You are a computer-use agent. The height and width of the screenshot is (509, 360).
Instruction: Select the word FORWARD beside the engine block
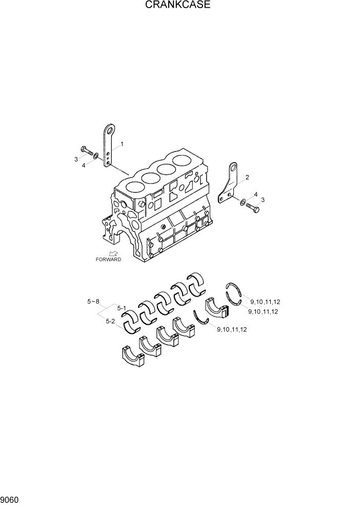[108, 260]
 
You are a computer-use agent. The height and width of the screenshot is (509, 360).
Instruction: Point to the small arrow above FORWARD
[113, 253]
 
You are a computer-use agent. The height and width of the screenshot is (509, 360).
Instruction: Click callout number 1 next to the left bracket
[122, 144]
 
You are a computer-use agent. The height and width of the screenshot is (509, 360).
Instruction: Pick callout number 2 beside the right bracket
[247, 178]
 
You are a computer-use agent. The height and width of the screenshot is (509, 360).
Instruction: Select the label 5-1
[122, 308]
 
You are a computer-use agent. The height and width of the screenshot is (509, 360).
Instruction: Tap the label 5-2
[110, 321]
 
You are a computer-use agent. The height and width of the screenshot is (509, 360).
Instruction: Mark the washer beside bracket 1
[96, 154]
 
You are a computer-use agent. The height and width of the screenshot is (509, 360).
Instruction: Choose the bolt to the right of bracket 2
[252, 207]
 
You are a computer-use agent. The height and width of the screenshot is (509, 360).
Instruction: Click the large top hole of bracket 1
[109, 129]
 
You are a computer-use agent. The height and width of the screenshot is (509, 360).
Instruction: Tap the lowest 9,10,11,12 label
[232, 329]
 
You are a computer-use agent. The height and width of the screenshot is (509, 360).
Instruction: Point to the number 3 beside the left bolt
[76, 160]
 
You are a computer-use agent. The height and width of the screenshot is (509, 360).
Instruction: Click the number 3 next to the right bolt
[263, 200]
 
